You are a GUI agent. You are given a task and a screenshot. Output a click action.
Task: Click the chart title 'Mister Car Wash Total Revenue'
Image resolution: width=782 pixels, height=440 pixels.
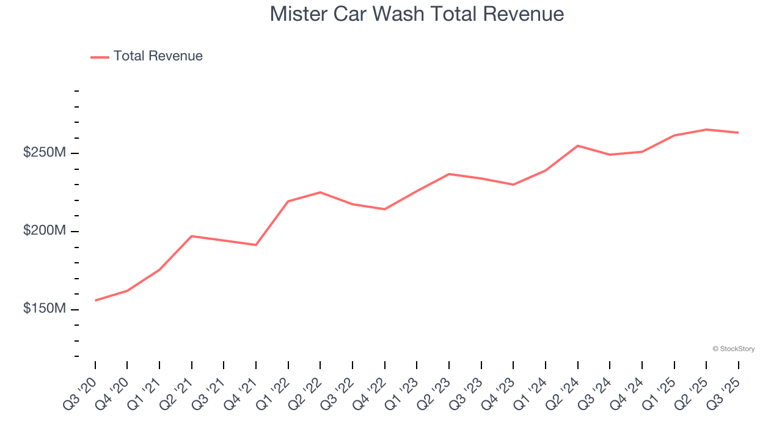pos(417,14)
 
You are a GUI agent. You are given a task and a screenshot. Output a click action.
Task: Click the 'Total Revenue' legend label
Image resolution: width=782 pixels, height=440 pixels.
pos(158,56)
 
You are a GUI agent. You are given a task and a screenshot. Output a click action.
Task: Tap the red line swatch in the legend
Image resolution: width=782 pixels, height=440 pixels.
pos(100,57)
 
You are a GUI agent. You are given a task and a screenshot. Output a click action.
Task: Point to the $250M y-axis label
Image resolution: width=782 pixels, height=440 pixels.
pos(44,153)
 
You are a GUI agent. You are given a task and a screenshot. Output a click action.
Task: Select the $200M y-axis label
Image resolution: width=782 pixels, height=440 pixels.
pos(44,231)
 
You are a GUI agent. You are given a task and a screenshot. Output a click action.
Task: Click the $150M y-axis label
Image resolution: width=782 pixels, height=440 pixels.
pos(44,309)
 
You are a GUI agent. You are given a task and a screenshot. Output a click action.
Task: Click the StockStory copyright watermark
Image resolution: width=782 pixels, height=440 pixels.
pos(733,349)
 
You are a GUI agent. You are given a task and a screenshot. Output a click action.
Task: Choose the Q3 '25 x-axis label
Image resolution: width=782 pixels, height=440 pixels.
pos(725,393)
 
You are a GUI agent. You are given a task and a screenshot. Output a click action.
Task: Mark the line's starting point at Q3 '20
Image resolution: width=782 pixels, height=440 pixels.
pos(95,301)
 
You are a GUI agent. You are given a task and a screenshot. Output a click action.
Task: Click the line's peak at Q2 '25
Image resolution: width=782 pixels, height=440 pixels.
pos(706,130)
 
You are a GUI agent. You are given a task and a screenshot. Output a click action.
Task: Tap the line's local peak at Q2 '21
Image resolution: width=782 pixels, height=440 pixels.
pos(192,236)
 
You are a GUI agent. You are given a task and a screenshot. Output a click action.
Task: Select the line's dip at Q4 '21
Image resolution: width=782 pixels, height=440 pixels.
pos(256,245)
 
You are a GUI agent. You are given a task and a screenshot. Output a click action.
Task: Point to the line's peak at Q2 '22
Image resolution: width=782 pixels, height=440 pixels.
pos(320,193)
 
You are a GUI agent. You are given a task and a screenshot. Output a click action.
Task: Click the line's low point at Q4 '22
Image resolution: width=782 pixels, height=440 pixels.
pos(385,209)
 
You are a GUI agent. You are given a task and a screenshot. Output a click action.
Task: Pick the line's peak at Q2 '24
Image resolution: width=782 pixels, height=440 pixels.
pos(578,145)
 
